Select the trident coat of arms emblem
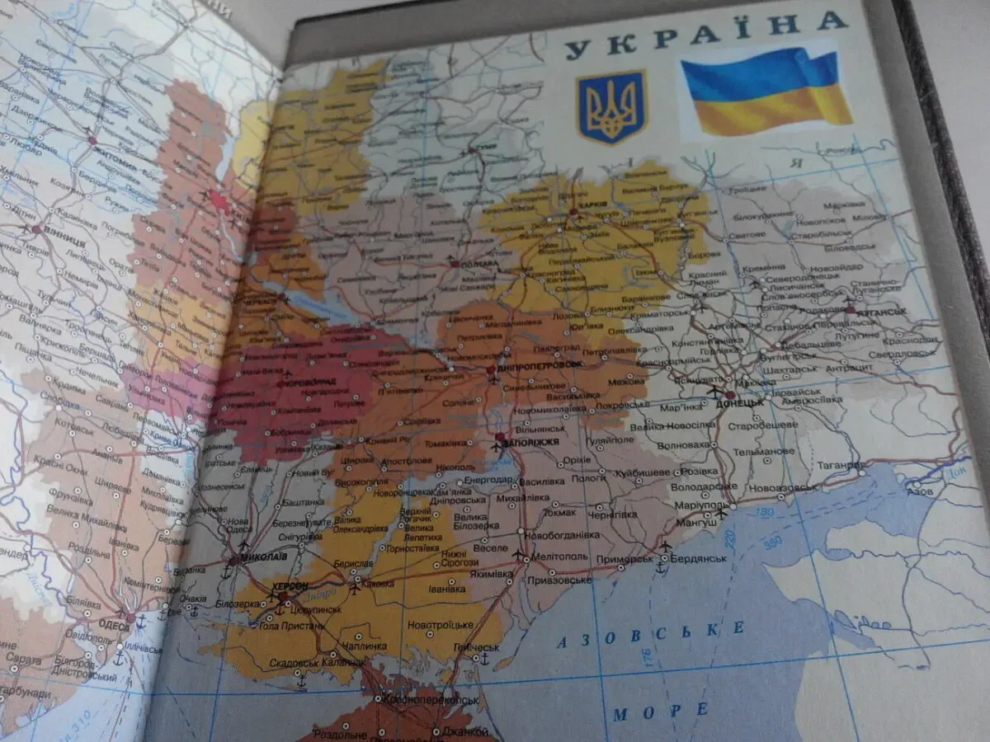pos(611,106)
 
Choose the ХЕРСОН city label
pos(288,585)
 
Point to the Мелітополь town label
pos(560,556)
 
